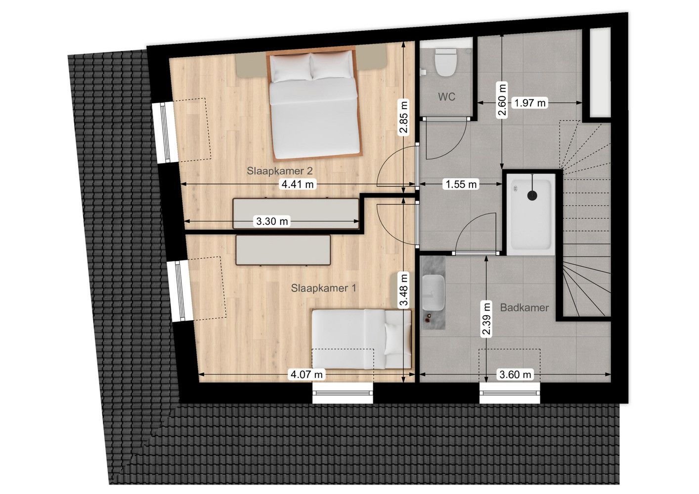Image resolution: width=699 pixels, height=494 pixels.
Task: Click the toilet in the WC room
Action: pos(445,62)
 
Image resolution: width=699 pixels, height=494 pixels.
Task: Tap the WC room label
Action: pos(446,97)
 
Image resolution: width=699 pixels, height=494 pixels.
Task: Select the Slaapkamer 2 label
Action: pos(280,171)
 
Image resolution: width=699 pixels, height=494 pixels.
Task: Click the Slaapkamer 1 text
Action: pos(323,288)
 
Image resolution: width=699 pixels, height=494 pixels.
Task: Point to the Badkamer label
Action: pos(524,308)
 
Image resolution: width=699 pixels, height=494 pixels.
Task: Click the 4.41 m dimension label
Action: pos(297,184)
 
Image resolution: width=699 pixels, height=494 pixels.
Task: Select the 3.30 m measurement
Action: pos(272,221)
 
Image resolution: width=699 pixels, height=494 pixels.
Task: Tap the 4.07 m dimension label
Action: pos(306,374)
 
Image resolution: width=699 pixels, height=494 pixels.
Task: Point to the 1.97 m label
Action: pos(530,103)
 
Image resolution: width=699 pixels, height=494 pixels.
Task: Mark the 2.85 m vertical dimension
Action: pos(404,118)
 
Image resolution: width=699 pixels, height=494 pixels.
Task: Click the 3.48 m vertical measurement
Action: pos(404,290)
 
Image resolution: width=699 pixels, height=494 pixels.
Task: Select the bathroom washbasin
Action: pos(434,293)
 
